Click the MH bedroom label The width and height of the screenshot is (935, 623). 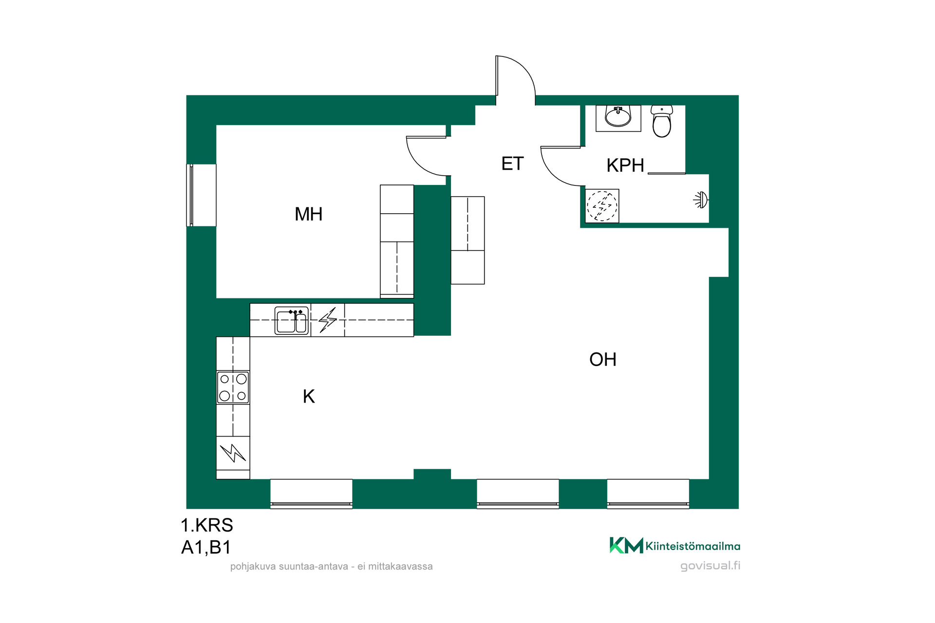coord(309,214)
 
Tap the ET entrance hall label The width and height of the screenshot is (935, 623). coord(512,164)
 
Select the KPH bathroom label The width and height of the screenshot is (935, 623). coord(625,165)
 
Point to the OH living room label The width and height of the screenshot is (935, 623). coord(603,360)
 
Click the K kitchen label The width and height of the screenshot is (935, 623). coord(309,397)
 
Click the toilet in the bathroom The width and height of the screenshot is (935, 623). coord(662,121)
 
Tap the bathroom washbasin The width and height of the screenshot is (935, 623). coord(618,116)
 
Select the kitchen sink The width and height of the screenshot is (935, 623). coord(292,320)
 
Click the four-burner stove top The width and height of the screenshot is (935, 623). coord(233,387)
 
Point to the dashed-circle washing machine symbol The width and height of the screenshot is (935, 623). coord(602,206)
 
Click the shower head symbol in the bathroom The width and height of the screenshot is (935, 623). coord(701,200)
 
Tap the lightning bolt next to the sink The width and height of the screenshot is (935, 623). coord(328,320)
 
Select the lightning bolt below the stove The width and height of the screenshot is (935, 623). coord(233,453)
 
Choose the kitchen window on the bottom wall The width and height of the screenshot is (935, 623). coord(311,494)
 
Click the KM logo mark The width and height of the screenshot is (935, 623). coord(626,545)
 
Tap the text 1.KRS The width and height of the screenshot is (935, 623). coord(207,525)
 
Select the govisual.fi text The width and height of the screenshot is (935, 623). coord(710,566)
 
